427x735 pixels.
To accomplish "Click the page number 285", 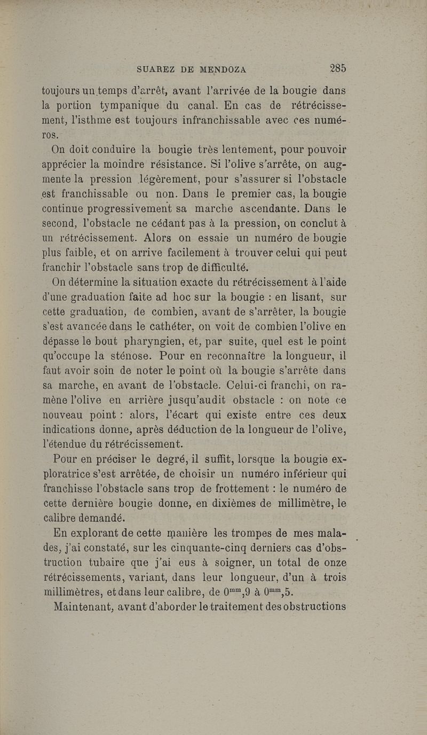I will point(338,68).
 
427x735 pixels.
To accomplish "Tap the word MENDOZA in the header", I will point(216,69).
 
